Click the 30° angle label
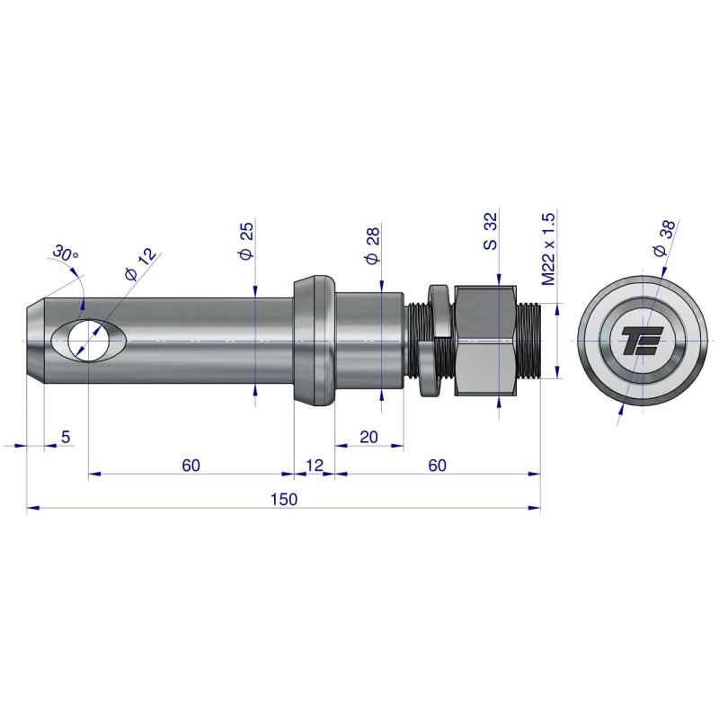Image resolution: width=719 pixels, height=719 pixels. [66, 254]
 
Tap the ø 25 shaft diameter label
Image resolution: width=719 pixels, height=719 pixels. [246, 242]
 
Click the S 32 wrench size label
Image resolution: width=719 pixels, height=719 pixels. [490, 232]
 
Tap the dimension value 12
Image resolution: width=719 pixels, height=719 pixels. [315, 465]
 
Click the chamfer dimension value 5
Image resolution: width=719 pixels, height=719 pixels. [65, 437]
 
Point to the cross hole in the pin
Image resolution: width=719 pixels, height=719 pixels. [88, 342]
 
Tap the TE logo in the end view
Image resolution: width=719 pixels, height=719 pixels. [642, 342]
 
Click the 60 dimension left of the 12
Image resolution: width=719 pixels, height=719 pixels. [191, 465]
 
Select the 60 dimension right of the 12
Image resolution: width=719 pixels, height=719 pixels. [437, 465]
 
